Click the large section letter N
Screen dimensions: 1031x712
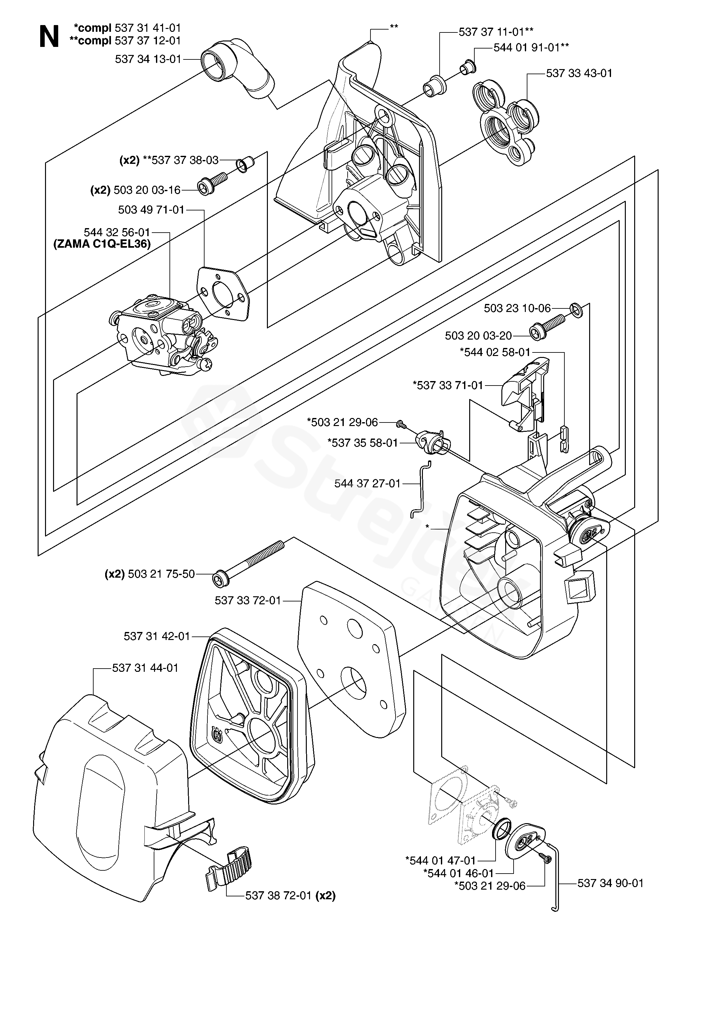click(49, 37)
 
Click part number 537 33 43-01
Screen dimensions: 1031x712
click(579, 73)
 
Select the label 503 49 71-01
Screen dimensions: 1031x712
click(151, 210)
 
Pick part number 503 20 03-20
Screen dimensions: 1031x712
click(478, 336)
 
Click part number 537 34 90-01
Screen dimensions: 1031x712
click(610, 884)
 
